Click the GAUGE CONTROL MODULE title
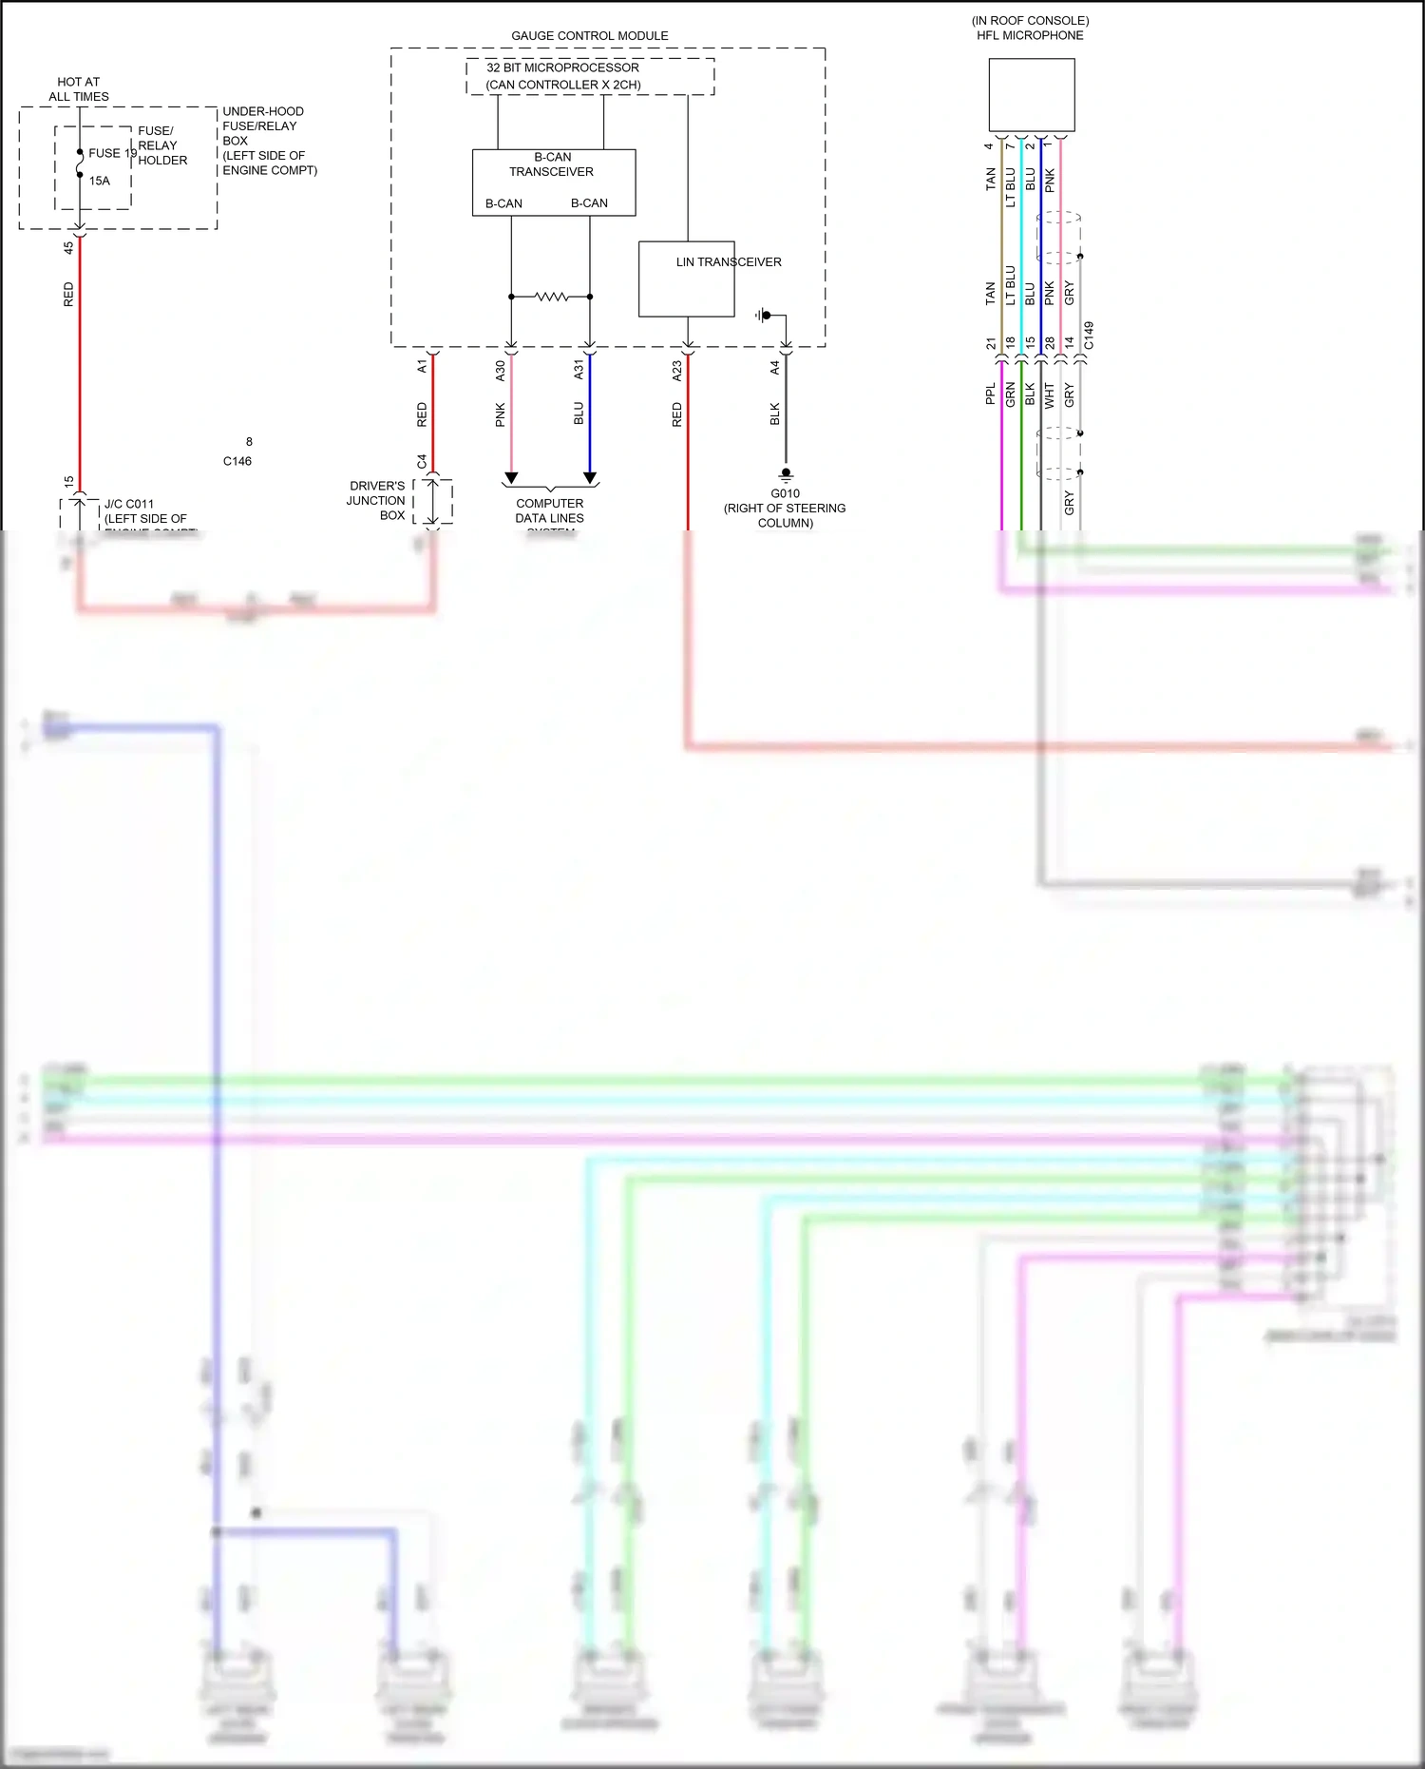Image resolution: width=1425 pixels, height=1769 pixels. tap(589, 35)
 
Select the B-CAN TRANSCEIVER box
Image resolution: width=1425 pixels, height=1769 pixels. tap(553, 182)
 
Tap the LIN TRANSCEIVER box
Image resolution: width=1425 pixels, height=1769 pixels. tap(686, 279)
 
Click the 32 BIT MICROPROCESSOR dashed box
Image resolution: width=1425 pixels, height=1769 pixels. tap(589, 76)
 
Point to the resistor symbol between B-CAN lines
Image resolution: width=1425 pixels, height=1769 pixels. tap(551, 297)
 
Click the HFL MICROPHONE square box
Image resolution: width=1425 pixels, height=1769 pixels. tap(1031, 94)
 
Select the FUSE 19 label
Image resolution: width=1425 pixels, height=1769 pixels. tap(112, 153)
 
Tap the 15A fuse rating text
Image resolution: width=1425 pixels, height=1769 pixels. tap(100, 181)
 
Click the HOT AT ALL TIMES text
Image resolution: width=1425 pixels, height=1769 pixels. tap(78, 89)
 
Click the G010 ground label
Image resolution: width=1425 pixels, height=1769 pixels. tap(785, 493)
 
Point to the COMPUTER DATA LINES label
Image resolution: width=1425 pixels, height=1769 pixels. tap(549, 510)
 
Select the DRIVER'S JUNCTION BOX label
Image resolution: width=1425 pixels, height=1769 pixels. tap(376, 500)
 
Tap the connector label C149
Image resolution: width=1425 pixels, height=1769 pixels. tap(1089, 335)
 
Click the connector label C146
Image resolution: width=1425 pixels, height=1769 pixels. tap(237, 461)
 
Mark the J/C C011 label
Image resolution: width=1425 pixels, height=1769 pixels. tap(129, 504)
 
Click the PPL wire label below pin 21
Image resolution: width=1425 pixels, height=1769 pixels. tap(991, 394)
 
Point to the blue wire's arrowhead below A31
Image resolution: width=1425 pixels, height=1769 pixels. tap(589, 478)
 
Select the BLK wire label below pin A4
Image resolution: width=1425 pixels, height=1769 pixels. tap(775, 413)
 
